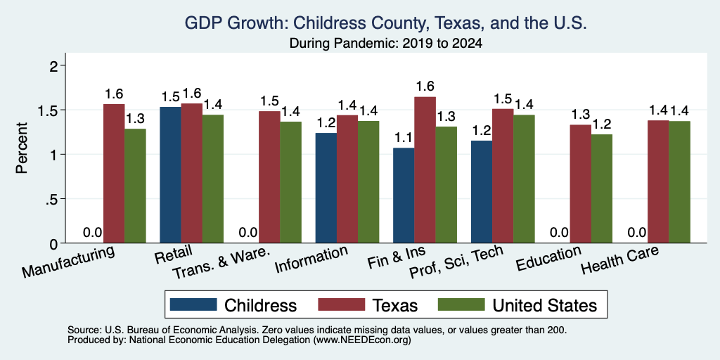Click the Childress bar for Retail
(170, 175)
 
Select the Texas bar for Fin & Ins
(425, 170)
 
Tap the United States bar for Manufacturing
(135, 186)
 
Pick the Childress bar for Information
(326, 188)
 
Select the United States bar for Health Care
(680, 182)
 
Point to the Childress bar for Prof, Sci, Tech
(482, 192)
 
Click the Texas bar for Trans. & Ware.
(269, 177)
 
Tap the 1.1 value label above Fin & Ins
(404, 137)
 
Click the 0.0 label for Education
(559, 232)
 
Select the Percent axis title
(21, 148)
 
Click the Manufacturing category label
(68, 262)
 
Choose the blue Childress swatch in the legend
(193, 304)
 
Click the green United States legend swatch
(461, 304)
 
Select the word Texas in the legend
(395, 305)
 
